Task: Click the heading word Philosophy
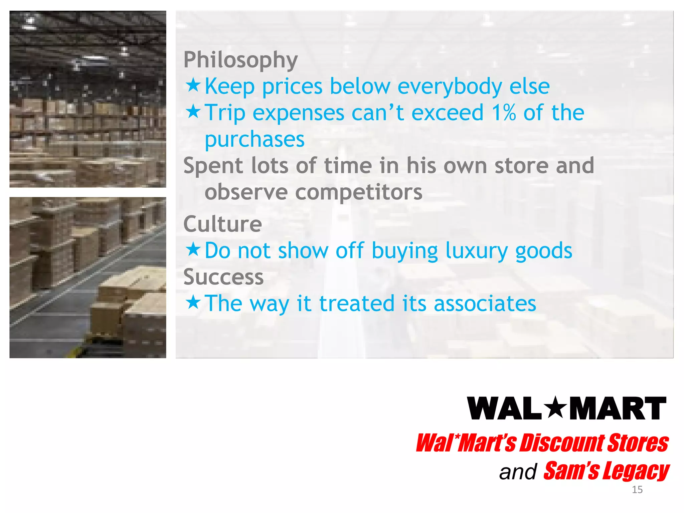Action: pos(240,60)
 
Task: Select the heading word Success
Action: pos(223,277)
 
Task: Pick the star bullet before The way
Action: pos(193,302)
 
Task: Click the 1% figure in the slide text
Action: pos(504,113)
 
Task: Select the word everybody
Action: pos(450,87)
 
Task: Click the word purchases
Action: pos(254,140)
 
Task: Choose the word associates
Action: pos(485,304)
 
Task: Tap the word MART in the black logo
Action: pos(618,409)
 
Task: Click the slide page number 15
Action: pos(637,490)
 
